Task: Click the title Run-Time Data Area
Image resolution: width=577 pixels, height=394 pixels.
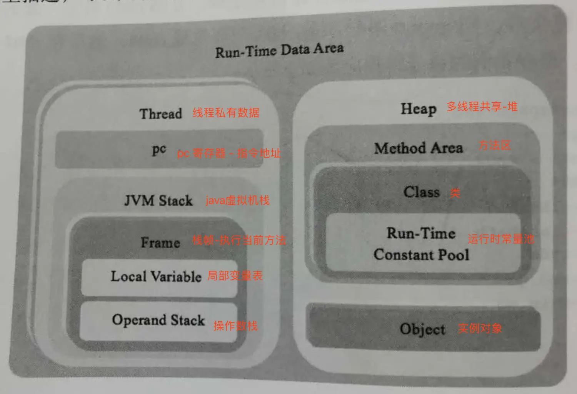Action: pos(279,50)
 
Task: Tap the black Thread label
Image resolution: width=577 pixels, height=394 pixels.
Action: pos(160,114)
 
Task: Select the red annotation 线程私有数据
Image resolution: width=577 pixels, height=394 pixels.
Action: pos(226,113)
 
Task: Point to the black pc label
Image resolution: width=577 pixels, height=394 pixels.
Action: pos(159,149)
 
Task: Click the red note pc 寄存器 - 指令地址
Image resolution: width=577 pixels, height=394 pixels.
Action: pos(228,153)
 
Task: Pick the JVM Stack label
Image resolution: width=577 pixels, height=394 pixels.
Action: pos(158,200)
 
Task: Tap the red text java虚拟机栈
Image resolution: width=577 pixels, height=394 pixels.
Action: pos(237,200)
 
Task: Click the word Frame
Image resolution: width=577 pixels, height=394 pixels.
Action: pos(160,242)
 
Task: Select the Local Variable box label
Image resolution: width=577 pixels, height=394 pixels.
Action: pos(156,276)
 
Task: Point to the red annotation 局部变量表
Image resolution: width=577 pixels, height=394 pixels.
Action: pos(235,275)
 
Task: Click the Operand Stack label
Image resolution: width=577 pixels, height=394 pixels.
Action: pos(158,320)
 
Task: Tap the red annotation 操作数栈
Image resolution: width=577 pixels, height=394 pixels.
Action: pos(235,326)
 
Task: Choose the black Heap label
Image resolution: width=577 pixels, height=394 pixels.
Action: pos(419,109)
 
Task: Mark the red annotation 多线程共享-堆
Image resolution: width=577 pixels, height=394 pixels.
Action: pos(482,107)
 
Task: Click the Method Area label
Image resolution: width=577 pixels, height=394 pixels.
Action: pos(419,148)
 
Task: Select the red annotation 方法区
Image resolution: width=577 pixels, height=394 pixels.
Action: pos(494,145)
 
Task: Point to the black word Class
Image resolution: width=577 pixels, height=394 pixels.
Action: pos(421,192)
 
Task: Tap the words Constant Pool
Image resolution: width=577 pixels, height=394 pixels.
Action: pos(421,255)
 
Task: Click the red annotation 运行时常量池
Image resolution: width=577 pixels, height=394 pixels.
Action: pos(501,239)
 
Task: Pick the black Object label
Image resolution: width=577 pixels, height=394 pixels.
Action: pos(422,329)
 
